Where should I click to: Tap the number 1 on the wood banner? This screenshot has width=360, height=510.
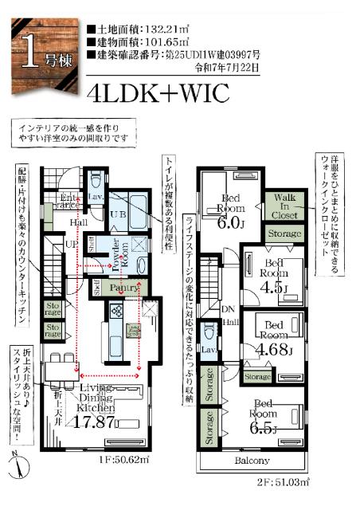[x=29, y=53]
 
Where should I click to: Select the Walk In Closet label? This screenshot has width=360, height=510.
[x=285, y=205]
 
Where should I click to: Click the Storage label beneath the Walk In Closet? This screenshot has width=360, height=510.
[x=284, y=234]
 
